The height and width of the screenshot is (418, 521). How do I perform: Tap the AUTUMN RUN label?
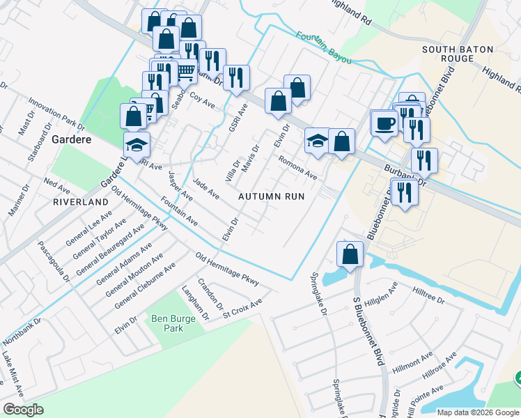272,196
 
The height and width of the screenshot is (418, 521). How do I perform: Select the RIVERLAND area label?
81,201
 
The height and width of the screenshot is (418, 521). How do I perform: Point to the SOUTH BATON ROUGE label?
458,56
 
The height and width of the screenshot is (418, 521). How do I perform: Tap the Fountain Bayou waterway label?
321,46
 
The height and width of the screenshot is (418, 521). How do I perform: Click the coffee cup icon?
384,124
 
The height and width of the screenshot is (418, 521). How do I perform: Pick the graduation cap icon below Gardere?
137,146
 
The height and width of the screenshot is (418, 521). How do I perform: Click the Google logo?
24,409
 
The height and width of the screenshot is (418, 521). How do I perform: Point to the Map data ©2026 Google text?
478,412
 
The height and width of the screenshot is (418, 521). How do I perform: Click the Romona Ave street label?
297,168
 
